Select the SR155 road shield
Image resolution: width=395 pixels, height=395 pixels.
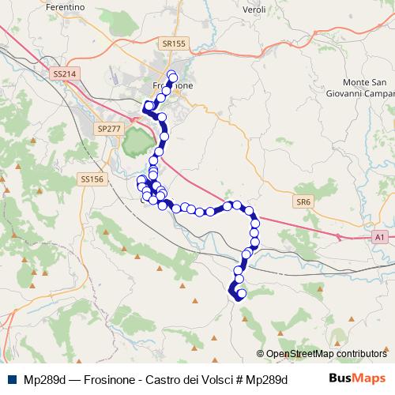(171, 44)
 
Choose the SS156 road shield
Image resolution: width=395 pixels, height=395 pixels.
(92, 179)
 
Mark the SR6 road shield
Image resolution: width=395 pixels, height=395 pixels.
(304, 202)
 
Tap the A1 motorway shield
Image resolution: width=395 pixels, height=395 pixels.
(379, 236)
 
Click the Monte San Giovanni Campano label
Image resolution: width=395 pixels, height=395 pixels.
(367, 88)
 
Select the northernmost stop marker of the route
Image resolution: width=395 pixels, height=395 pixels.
(171, 75)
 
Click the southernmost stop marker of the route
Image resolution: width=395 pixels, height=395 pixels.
(242, 295)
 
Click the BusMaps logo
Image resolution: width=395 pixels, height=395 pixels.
(358, 378)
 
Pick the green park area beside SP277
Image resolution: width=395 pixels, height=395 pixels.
(136, 142)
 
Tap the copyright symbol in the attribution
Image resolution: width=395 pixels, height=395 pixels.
(261, 354)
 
